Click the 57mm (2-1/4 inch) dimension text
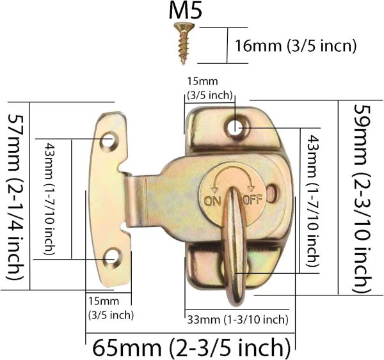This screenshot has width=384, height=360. [x=17, y=198]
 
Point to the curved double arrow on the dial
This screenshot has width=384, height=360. [x=231, y=177]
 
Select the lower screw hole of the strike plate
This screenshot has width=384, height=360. [x=113, y=258]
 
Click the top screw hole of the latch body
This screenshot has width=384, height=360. [x=237, y=127]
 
